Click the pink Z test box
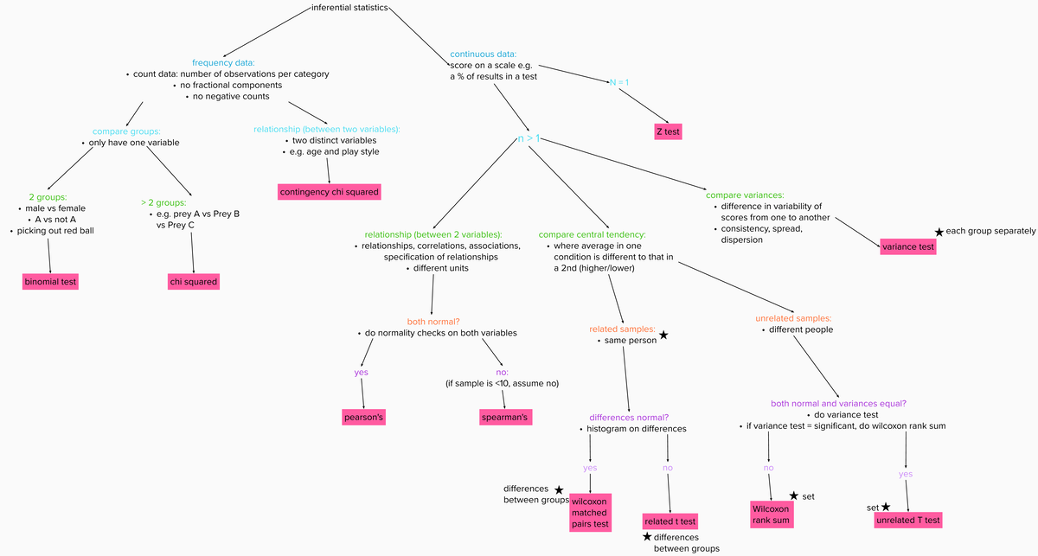[668, 131]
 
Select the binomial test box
[50, 282]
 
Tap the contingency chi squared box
[329, 191]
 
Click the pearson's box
[363, 418]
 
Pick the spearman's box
[504, 418]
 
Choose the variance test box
[907, 247]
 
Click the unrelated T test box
[907, 521]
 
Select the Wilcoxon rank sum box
[770, 514]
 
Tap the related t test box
[670, 521]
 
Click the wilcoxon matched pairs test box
[590, 512]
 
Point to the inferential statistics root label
[349, 9]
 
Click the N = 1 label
[619, 82]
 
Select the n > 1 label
[529, 138]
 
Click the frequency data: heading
[223, 62]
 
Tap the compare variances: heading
[745, 195]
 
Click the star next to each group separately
[939, 232]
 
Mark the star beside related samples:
[663, 335]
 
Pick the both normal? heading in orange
[433, 321]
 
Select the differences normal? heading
[629, 417]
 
